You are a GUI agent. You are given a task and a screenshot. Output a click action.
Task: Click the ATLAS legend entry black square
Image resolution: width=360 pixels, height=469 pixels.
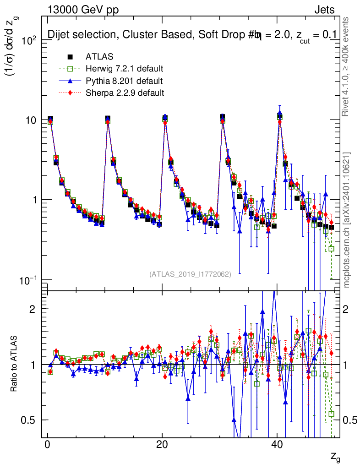[x=71, y=57]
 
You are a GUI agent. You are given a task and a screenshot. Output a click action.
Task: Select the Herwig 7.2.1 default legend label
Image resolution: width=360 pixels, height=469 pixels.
[x=125, y=69]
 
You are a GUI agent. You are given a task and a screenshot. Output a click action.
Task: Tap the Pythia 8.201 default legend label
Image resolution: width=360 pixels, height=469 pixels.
[x=124, y=81]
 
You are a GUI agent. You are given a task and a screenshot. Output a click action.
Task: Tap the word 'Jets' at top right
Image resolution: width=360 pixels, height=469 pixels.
[x=324, y=10]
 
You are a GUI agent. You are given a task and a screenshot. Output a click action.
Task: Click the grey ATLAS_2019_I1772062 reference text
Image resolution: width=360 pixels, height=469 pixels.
[x=190, y=274]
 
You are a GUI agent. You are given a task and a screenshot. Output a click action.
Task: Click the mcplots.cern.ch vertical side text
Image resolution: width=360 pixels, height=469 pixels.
[x=346, y=220]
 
